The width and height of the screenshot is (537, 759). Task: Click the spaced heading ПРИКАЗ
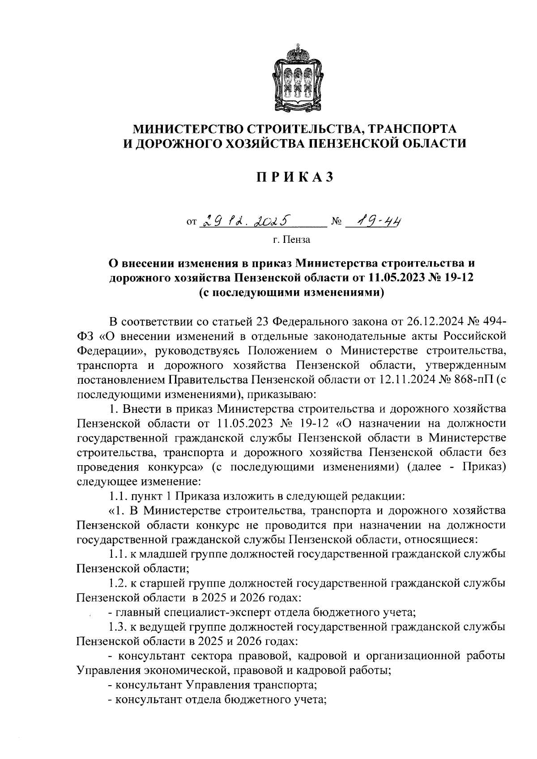(295, 178)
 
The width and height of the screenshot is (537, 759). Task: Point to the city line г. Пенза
(291, 240)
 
